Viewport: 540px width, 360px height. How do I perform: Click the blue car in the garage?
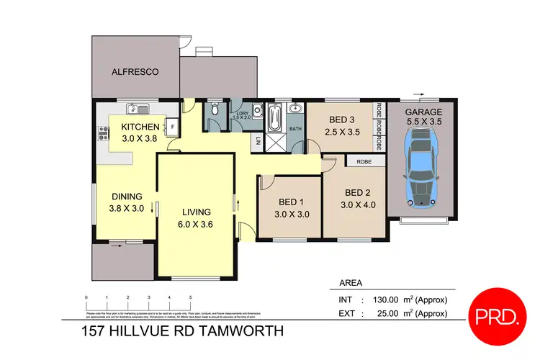(420, 168)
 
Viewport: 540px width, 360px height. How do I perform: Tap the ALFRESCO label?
(135, 72)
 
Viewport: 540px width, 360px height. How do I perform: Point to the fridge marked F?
(174, 127)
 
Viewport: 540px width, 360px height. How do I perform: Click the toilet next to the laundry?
(215, 112)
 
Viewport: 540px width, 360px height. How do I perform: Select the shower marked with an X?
(276, 141)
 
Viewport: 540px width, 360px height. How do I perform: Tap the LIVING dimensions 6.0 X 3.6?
(196, 225)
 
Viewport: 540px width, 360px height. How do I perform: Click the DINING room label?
(126, 196)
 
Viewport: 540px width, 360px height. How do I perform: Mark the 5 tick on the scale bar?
(190, 297)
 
